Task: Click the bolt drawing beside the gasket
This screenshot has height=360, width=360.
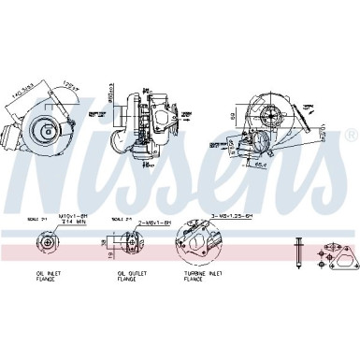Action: click(295, 254)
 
